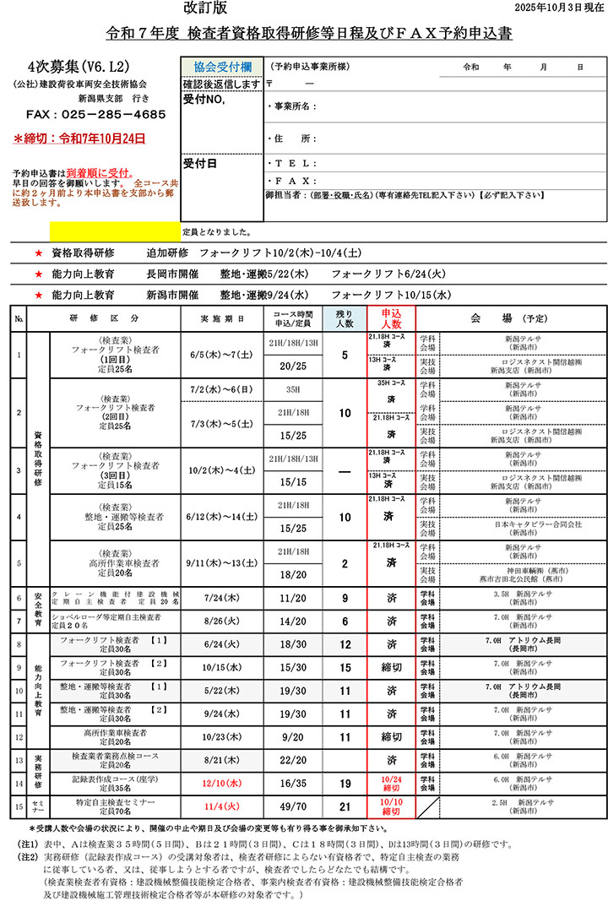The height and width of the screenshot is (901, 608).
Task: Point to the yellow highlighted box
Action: (115, 230)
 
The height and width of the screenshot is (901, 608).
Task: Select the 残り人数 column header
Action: (345, 318)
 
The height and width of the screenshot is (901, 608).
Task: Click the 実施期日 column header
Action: (223, 318)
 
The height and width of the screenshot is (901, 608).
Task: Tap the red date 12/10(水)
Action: (223, 783)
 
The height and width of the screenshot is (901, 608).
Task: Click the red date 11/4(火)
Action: (223, 806)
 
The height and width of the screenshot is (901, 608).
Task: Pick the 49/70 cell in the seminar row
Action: (293, 806)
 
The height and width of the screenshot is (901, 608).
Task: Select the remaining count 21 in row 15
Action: (345, 806)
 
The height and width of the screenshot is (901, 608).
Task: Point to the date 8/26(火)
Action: (223, 621)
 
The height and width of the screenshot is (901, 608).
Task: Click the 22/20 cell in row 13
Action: (293, 759)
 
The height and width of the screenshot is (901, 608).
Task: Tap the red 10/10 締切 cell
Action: (391, 806)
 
